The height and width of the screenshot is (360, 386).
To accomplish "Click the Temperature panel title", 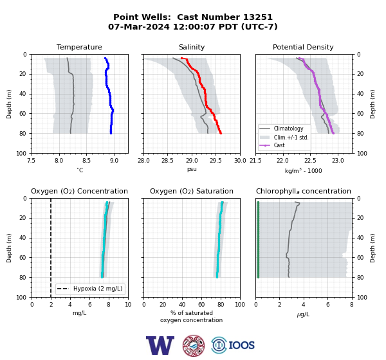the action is (79, 47).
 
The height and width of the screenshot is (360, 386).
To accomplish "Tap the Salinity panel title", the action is (192, 47).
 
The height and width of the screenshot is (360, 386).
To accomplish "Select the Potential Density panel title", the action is (303, 47).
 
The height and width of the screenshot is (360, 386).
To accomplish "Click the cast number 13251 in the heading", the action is (258, 17).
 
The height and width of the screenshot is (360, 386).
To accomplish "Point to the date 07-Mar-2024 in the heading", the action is (139, 26).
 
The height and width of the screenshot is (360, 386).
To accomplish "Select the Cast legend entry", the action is (272, 145).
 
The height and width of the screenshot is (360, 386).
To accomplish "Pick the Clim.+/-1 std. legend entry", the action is (284, 138).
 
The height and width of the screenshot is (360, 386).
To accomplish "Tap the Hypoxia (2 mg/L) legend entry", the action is (90, 289).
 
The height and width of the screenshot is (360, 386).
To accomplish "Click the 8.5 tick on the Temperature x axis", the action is (86, 161).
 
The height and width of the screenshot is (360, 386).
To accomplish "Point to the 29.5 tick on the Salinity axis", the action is (216, 161).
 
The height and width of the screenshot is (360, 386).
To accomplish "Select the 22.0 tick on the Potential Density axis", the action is (283, 161).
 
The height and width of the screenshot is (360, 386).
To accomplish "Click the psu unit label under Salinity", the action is (192, 169).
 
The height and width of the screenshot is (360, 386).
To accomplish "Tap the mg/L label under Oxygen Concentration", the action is (80, 313).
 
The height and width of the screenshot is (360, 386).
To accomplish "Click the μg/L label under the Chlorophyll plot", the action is (303, 314).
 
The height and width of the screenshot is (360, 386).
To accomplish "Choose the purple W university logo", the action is (160, 345).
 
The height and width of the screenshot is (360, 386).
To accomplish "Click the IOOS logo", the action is (233, 345).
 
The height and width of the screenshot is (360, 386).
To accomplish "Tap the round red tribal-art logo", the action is (194, 346).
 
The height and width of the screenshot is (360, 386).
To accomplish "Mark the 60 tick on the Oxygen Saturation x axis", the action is (201, 305).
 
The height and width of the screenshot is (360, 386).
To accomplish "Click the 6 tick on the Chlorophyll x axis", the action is (328, 305).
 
